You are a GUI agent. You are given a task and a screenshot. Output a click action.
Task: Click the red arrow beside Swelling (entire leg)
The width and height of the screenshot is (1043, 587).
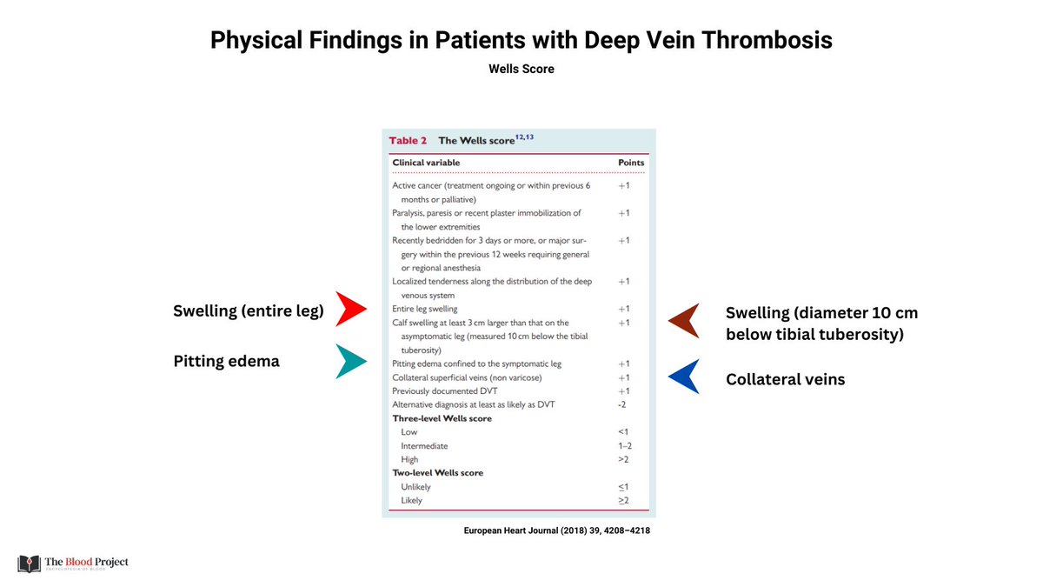click(352, 310)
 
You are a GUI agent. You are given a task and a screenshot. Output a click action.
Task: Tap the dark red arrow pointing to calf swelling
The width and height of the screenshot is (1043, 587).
click(683, 321)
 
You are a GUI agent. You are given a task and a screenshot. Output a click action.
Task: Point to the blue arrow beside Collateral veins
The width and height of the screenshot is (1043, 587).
click(683, 377)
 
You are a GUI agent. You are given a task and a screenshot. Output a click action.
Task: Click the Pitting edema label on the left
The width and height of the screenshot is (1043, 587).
click(227, 361)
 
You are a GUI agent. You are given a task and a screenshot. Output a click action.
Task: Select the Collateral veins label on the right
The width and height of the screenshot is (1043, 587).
click(785, 379)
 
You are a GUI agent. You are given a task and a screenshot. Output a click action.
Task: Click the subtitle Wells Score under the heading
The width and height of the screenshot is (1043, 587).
click(521, 69)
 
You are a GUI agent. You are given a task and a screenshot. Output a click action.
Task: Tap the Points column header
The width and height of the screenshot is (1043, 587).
click(630, 163)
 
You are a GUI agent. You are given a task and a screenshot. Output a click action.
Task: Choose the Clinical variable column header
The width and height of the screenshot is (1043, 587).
click(426, 163)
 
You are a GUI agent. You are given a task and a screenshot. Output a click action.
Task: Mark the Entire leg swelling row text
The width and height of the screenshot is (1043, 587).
click(425, 309)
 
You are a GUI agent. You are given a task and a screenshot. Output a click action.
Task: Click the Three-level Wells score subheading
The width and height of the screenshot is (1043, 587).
click(442, 418)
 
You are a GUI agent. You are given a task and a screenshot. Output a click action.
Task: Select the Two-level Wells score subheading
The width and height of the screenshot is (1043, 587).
click(437, 473)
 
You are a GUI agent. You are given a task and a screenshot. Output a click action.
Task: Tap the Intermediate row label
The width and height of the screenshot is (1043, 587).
click(424, 446)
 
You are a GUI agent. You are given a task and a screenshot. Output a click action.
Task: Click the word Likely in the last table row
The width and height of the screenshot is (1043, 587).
click(412, 501)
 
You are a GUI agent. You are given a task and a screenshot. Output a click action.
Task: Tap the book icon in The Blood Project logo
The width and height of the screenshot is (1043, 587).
click(29, 564)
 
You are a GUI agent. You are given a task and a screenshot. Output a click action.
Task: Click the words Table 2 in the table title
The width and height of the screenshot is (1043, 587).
click(408, 140)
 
